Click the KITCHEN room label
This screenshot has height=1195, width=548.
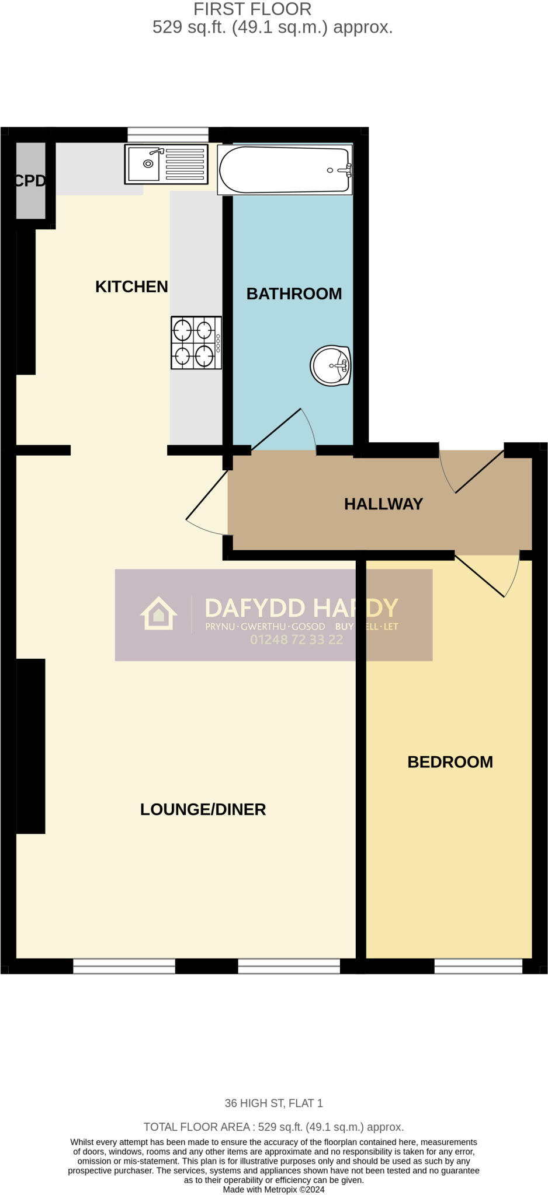[x=131, y=286]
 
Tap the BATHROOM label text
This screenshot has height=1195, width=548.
[x=294, y=293]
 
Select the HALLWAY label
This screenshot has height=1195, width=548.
[x=383, y=504]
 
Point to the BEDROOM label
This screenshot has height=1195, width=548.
[x=450, y=762]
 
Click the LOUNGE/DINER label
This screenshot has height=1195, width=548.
[x=203, y=809]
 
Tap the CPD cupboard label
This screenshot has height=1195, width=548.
[x=29, y=181]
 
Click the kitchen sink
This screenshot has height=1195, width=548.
[x=166, y=164]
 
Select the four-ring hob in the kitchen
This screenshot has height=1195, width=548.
[x=196, y=343]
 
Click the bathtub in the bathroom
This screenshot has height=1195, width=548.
[x=285, y=169]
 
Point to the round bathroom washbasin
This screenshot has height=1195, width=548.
[x=330, y=366]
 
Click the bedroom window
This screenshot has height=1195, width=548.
[x=478, y=966]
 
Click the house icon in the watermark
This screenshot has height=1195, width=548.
[x=158, y=613]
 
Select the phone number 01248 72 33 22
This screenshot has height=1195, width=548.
[x=296, y=640]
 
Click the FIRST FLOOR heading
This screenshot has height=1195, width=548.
[x=252, y=9]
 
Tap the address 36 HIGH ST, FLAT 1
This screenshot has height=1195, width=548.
[x=273, y=1103]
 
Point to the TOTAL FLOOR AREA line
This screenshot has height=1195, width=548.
[x=273, y=1127]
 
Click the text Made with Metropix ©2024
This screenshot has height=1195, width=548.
[x=273, y=1189]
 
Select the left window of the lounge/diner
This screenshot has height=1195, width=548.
[x=124, y=966]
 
